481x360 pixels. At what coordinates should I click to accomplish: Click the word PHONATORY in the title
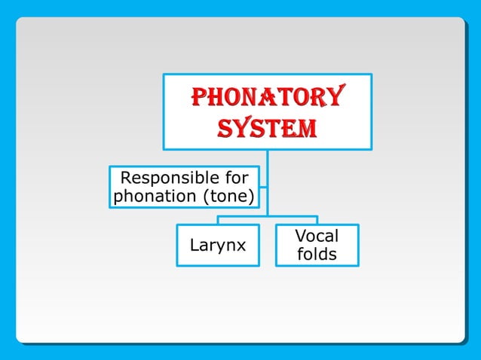coord(267,97)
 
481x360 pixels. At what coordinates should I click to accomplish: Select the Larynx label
coord(217,246)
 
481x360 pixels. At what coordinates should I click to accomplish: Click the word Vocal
coord(317,236)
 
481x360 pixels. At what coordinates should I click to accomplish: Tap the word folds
coord(317,255)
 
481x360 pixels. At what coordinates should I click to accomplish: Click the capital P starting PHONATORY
coord(198,97)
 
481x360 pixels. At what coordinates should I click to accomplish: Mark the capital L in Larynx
coord(195,246)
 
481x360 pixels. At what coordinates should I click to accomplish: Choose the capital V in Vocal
coord(300,236)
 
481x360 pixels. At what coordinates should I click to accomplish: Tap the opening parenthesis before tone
coord(205,197)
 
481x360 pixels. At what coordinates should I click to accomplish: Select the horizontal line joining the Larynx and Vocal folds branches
coord(268,216)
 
